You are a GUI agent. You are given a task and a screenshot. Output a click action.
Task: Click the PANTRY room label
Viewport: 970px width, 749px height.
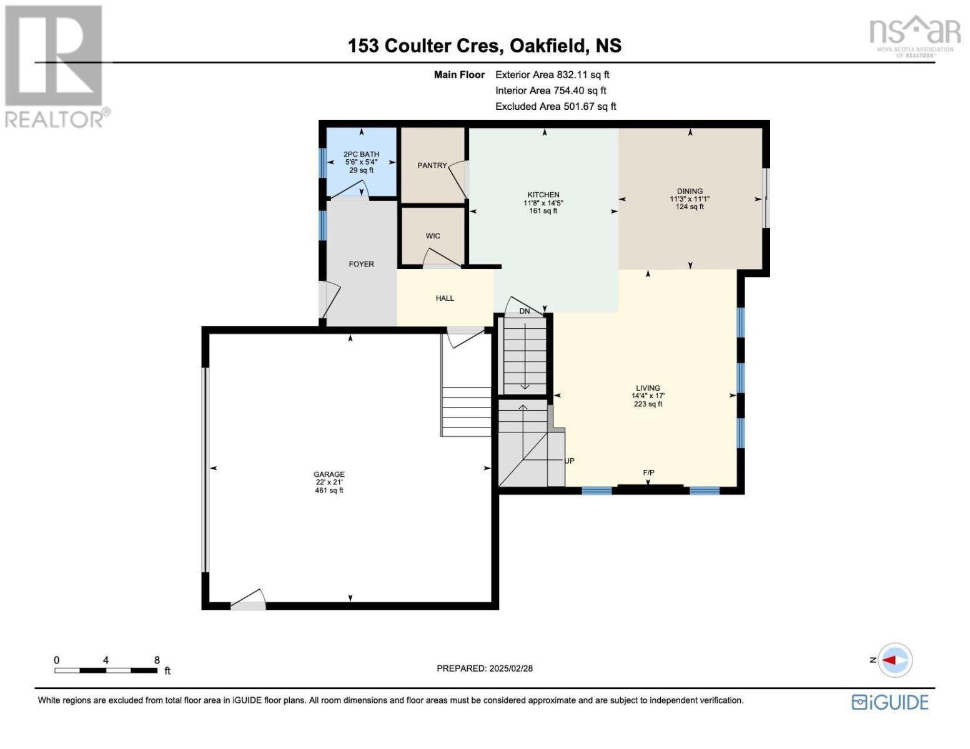[432, 165]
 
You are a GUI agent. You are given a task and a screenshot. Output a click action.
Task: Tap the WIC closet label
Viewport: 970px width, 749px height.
[433, 236]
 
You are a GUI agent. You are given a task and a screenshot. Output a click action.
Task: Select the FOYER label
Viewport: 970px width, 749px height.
[361, 264]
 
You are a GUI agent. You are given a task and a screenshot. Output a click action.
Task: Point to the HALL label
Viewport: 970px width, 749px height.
[445, 298]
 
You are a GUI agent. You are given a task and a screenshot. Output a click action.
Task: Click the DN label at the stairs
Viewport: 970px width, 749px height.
[525, 311]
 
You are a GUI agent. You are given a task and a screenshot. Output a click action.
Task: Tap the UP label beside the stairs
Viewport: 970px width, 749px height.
[569, 461]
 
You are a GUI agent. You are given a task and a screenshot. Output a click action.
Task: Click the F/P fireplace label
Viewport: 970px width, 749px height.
[648, 472]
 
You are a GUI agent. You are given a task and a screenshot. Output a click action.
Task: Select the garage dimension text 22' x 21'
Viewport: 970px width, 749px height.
[329, 482]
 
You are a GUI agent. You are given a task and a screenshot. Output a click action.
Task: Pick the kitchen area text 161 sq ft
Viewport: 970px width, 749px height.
[543, 211]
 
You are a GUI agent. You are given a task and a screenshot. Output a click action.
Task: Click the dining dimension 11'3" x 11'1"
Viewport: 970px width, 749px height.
[690, 199]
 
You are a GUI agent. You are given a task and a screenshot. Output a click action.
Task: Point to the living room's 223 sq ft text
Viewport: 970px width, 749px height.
[648, 404]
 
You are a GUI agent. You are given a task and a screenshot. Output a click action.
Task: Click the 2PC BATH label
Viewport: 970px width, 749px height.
[361, 154]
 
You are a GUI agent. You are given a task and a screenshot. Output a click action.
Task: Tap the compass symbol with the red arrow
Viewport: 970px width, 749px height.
[895, 660]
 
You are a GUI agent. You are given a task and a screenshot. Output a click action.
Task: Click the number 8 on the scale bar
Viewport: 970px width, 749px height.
[157, 660]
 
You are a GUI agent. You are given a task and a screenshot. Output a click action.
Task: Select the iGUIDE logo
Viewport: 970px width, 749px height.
[890, 702]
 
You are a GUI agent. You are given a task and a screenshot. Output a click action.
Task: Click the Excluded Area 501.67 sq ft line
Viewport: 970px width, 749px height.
[556, 107]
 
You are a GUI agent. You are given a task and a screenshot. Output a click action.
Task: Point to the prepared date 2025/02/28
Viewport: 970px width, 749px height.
[511, 668]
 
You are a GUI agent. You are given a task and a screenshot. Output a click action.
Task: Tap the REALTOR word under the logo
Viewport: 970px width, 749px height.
[54, 120]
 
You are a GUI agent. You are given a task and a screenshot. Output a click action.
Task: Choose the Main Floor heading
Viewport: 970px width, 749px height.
[459, 75]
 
